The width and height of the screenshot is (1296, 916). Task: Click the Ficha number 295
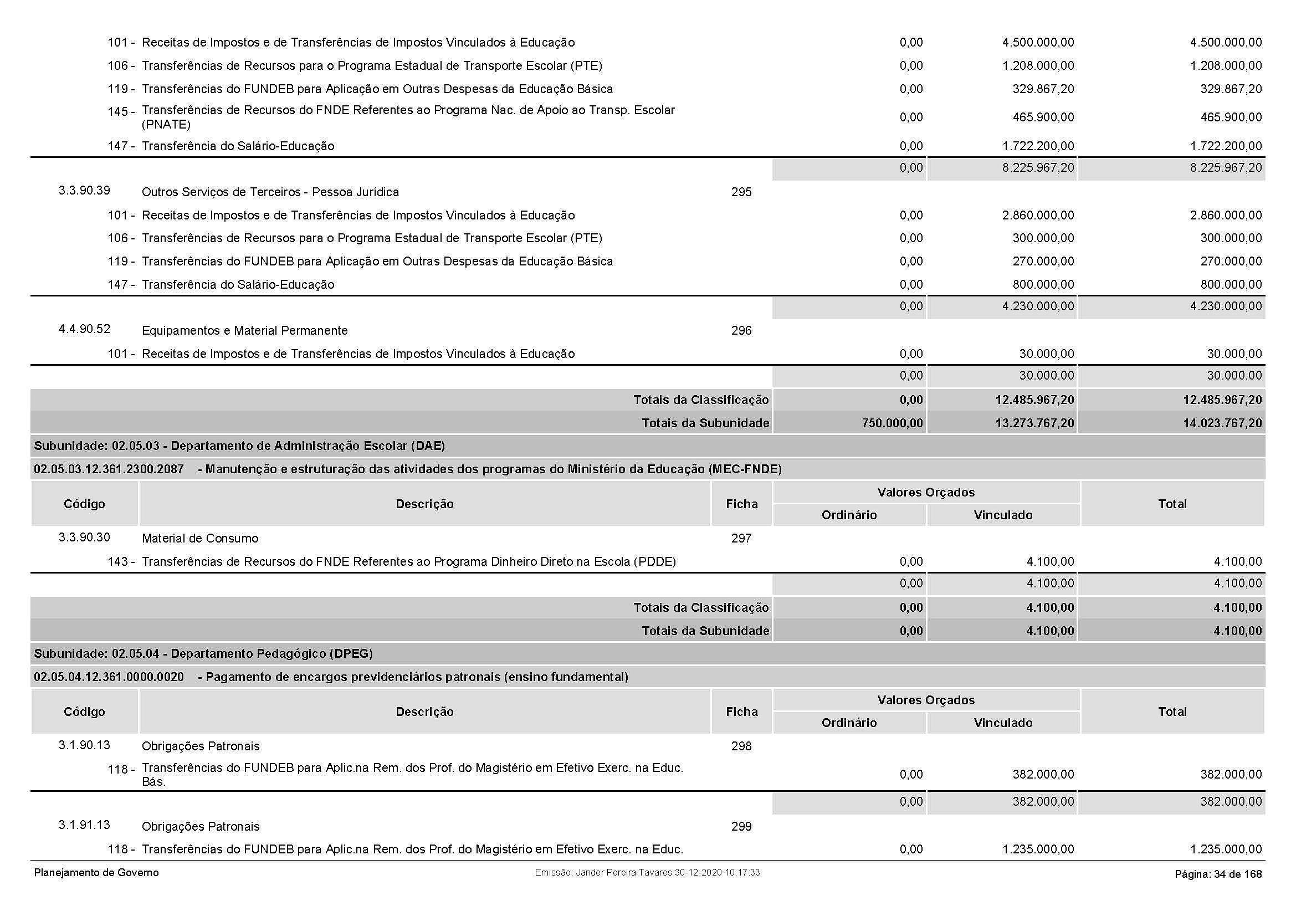(x=741, y=192)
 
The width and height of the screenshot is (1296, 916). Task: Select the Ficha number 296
(x=741, y=331)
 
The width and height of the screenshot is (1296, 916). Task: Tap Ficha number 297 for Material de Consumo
(x=741, y=539)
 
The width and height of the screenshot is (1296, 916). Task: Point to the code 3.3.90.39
(x=84, y=191)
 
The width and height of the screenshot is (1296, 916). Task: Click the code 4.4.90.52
(x=84, y=329)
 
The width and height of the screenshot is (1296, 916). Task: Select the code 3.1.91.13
(x=84, y=825)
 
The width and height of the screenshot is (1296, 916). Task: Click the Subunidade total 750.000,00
(x=893, y=423)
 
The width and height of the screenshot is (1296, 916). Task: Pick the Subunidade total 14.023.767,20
(x=1222, y=423)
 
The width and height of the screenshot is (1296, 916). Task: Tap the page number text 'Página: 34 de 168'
(x=1218, y=874)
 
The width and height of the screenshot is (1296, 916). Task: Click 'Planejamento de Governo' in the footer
(x=96, y=873)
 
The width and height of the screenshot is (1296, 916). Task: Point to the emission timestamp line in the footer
(x=647, y=873)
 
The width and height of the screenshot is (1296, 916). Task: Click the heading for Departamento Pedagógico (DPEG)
(x=203, y=653)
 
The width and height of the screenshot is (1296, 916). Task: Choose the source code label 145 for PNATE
(x=120, y=112)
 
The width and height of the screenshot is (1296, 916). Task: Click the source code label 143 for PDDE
(x=120, y=562)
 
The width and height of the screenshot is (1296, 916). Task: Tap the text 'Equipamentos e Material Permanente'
(x=244, y=331)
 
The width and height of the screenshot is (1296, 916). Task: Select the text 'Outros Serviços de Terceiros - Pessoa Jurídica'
(x=270, y=192)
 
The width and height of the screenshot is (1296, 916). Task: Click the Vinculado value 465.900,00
(x=1043, y=117)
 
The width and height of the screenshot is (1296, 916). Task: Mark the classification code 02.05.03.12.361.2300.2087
(x=109, y=469)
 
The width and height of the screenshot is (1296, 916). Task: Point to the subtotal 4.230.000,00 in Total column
(x=1226, y=306)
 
